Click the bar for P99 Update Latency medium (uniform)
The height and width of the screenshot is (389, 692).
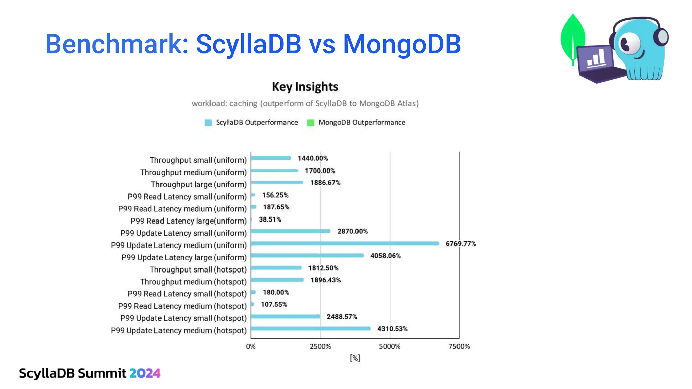coord(345,243)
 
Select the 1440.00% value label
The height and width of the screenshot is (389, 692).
coord(313,158)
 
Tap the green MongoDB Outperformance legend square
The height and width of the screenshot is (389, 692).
coord(310,123)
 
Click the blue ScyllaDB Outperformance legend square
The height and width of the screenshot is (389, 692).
coord(208,123)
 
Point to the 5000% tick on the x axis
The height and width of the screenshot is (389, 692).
coord(390,346)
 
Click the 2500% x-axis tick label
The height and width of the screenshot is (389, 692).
coord(320,346)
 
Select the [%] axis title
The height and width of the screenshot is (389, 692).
coord(355,358)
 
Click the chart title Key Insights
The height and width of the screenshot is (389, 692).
coord(305,87)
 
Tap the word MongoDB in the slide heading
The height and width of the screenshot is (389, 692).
coord(401,44)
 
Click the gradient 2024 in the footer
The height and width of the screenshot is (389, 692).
coord(145,373)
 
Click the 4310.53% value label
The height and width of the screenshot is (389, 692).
coord(392,329)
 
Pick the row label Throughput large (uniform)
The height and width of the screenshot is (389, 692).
coord(199,184)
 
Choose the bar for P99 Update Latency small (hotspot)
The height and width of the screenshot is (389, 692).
coord(286,316)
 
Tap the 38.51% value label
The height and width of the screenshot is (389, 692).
coord(270,219)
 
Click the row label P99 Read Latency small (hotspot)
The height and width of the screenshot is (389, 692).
coord(187,294)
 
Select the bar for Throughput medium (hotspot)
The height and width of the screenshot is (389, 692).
coord(277,280)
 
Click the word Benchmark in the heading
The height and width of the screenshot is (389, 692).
coord(117,44)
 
